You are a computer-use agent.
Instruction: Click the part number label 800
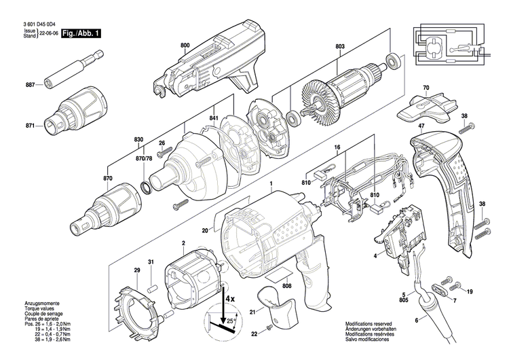185,46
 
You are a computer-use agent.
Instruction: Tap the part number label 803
339,46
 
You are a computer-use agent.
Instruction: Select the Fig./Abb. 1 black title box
81,33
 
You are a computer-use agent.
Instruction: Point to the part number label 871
29,126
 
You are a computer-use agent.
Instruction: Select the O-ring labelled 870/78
146,185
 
